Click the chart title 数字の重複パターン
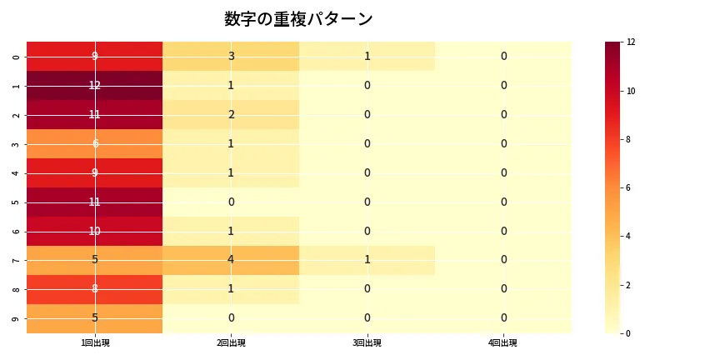pyautogui.click(x=298, y=19)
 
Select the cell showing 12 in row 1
pyautogui.click(x=95, y=85)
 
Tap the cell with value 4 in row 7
pyautogui.click(x=231, y=259)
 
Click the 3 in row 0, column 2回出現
pyautogui.click(x=231, y=56)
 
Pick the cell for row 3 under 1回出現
pyautogui.click(x=95, y=143)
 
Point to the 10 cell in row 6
pyautogui.click(x=95, y=231)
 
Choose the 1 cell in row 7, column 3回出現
pyautogui.click(x=367, y=259)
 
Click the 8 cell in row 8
pyautogui.click(x=95, y=288)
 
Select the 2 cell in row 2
pyautogui.click(x=231, y=114)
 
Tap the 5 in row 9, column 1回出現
pyautogui.click(x=95, y=317)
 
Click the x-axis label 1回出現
pyautogui.click(x=95, y=342)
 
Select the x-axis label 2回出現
pyautogui.click(x=231, y=342)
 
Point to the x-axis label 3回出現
pyautogui.click(x=367, y=342)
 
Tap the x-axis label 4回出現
pyautogui.click(x=502, y=342)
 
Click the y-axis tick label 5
pyautogui.click(x=17, y=202)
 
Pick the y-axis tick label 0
pyautogui.click(x=17, y=57)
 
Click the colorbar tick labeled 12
pyautogui.click(x=631, y=42)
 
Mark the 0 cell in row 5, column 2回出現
pyautogui.click(x=231, y=202)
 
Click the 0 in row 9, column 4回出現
pyautogui.click(x=502, y=317)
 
